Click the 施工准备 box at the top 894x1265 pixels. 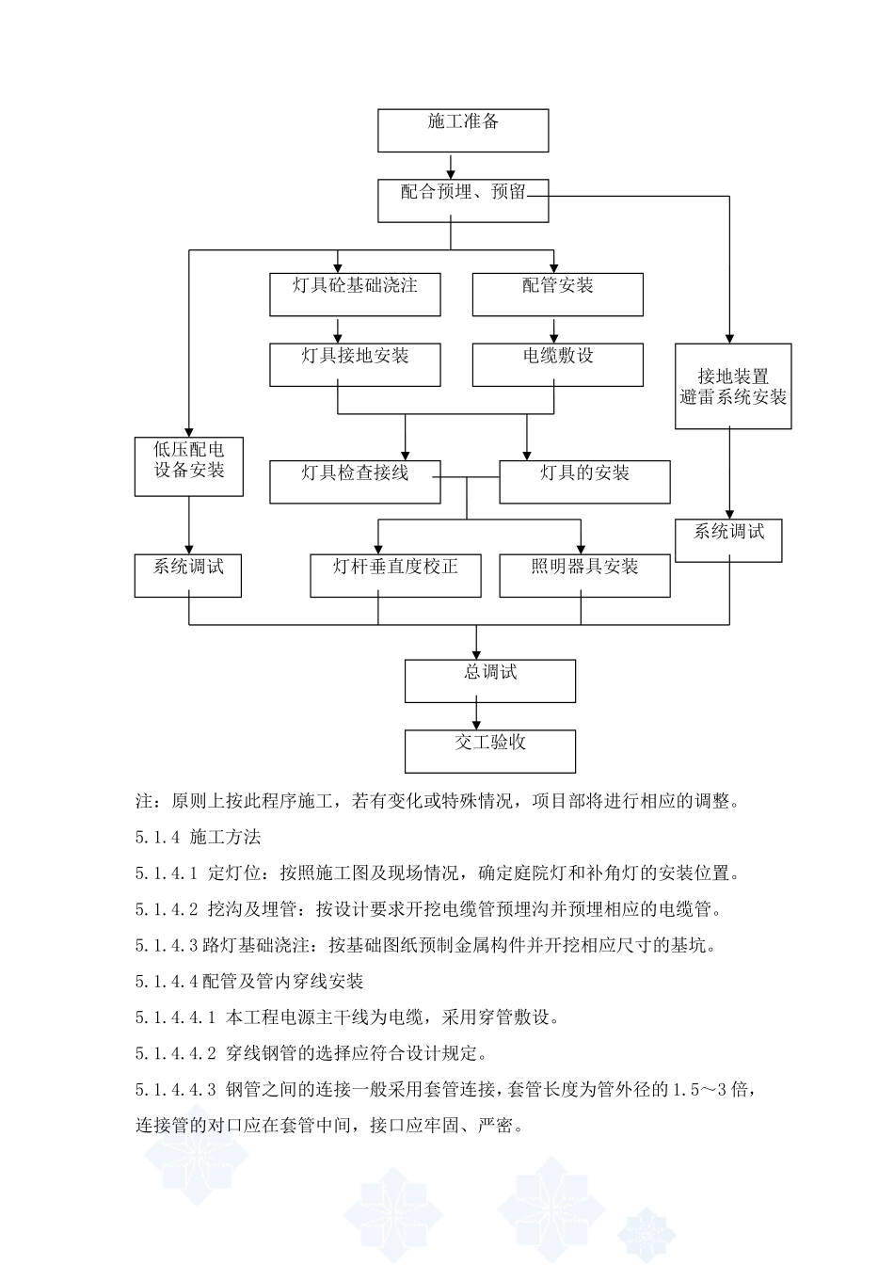[x=463, y=130]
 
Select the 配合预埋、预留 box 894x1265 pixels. [x=463, y=200]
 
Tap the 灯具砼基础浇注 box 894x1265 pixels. [x=355, y=294]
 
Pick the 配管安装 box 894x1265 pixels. [x=557, y=294]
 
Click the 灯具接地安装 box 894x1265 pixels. [x=355, y=364]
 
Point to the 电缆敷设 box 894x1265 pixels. [x=557, y=364]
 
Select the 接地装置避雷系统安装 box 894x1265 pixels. [x=733, y=387]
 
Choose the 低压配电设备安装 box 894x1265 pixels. [x=189, y=466]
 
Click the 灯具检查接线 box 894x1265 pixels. [x=355, y=481]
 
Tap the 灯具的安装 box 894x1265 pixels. [x=584, y=481]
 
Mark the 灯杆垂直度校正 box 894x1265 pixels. [x=395, y=575]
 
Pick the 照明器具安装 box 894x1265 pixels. [x=584, y=575]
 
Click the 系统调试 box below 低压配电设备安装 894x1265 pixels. [x=188, y=575]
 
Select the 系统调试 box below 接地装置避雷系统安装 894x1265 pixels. [x=729, y=540]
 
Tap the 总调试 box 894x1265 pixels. [x=490, y=681]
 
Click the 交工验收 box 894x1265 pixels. [x=490, y=751]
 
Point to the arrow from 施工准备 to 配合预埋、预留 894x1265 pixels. [x=452, y=166]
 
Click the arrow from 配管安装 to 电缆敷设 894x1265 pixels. [x=553, y=329]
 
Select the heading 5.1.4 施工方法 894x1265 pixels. [x=199, y=837]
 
